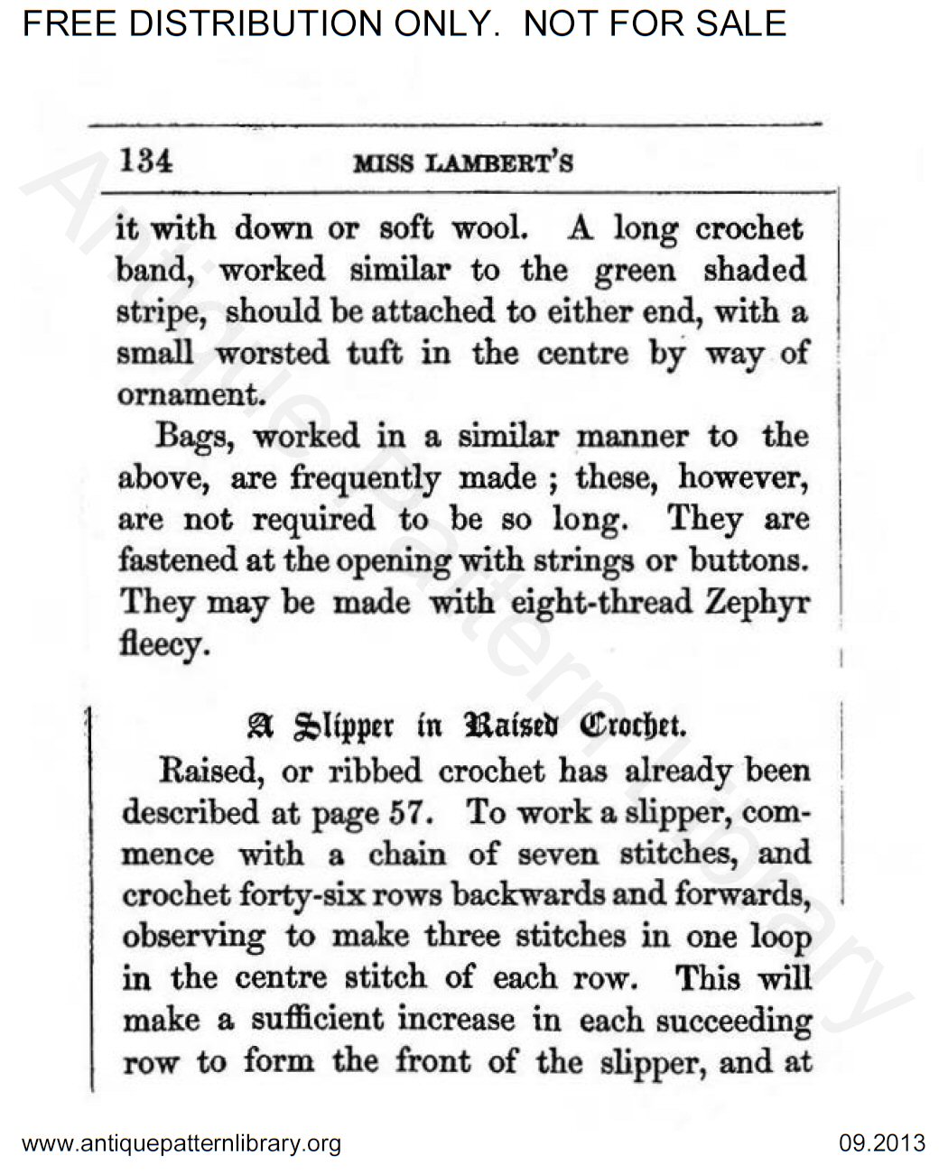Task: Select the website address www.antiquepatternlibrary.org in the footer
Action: pos(181,1144)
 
